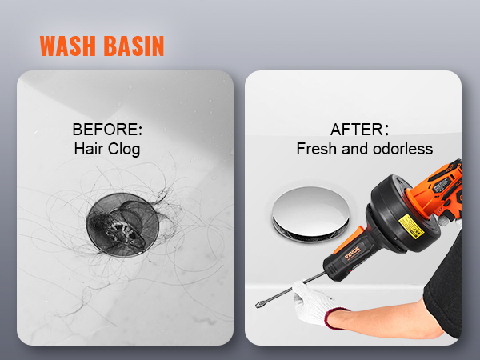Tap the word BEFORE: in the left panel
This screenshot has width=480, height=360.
pyautogui.click(x=106, y=130)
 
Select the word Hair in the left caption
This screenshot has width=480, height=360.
pyautogui.click(x=88, y=149)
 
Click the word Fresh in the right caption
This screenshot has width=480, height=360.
pyautogui.click(x=314, y=149)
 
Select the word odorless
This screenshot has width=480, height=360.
pyautogui.click(x=400, y=149)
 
